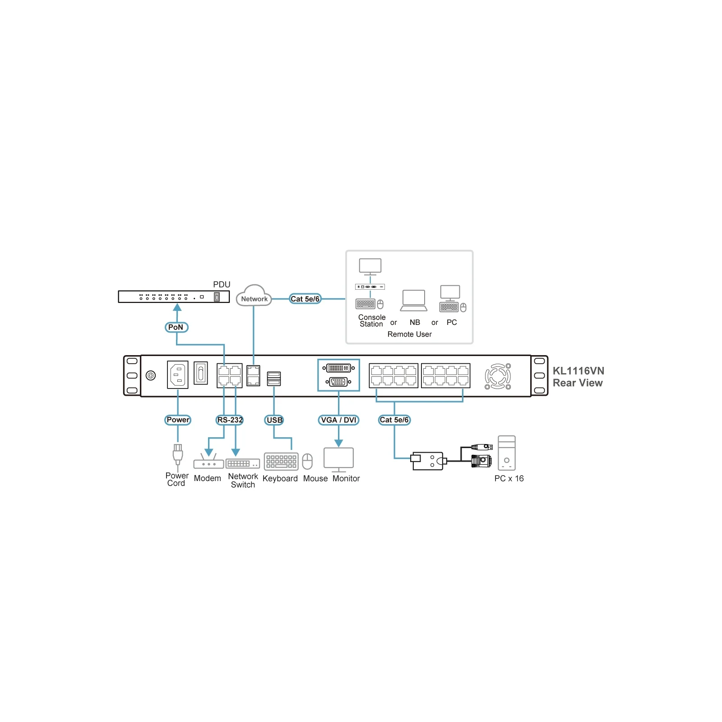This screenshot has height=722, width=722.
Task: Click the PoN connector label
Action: tap(176, 327)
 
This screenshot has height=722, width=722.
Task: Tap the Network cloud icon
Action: tap(254, 296)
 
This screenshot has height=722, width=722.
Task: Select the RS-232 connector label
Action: tap(230, 420)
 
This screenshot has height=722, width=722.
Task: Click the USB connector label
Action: tap(274, 420)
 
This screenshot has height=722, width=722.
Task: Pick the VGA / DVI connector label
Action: tap(338, 420)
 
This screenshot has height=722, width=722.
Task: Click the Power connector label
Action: tap(178, 420)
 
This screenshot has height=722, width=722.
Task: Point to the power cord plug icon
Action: tap(178, 454)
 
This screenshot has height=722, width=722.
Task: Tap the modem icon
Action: tap(208, 462)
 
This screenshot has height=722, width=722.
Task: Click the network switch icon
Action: tap(243, 464)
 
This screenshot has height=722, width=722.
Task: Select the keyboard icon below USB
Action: tap(281, 462)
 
